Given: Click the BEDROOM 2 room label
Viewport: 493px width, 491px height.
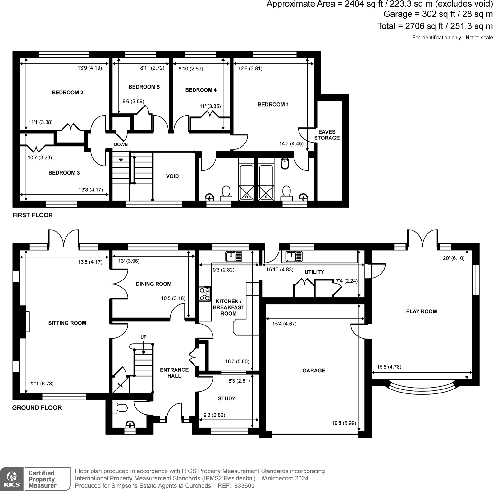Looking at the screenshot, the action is (x=67, y=93).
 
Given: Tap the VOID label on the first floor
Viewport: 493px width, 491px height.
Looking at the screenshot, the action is (x=172, y=176).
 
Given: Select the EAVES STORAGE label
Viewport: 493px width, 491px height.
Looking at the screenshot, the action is (x=327, y=135).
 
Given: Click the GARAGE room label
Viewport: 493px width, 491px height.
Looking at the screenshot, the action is (x=314, y=371).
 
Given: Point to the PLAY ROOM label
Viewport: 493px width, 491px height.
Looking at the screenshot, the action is (x=422, y=311).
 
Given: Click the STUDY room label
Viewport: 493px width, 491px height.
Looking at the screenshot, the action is (x=226, y=398).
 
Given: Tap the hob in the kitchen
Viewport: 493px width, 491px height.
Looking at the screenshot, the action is (x=205, y=293).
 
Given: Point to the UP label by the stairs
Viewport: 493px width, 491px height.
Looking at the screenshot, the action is (x=144, y=337).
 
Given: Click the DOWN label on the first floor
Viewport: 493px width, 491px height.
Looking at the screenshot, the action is (x=121, y=144).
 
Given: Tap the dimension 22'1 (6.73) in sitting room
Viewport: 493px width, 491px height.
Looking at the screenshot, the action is (x=41, y=384).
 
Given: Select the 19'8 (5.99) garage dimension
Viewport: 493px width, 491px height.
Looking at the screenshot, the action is (x=344, y=423).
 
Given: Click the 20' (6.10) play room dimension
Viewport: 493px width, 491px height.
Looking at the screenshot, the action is (x=454, y=258).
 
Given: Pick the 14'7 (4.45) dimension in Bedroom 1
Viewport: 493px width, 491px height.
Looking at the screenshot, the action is (x=291, y=144).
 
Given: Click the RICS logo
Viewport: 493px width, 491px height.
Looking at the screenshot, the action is (x=12, y=479).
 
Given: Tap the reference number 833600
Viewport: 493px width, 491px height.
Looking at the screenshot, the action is (x=244, y=486).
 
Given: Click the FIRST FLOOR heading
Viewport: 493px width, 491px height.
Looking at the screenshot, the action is (x=33, y=215).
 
